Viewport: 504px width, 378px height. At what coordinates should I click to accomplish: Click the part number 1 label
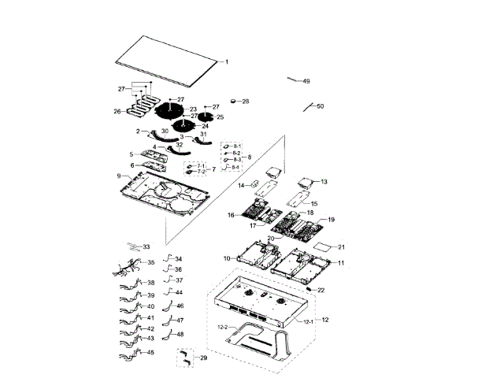click(227, 61)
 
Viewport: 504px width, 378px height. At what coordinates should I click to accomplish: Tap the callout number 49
click(306, 81)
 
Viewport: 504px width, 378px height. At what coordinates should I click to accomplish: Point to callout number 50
click(320, 106)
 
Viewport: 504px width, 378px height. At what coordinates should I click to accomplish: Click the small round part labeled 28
click(234, 101)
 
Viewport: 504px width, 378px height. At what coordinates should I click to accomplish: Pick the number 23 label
click(193, 109)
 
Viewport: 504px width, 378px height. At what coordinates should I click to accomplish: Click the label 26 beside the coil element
click(117, 112)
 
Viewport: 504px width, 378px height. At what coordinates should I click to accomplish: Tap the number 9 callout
click(119, 176)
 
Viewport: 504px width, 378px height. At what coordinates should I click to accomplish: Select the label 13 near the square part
click(324, 182)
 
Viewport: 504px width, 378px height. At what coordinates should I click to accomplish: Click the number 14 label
click(243, 186)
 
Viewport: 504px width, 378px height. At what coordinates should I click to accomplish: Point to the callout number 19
click(332, 220)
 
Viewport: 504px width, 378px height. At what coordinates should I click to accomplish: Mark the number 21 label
click(342, 247)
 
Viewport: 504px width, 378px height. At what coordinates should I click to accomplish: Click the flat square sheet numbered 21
click(323, 247)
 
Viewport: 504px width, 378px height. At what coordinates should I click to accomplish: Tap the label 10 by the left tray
click(226, 258)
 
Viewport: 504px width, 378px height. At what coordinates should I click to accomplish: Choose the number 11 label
click(341, 262)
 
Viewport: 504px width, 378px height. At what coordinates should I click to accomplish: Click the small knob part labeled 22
click(312, 290)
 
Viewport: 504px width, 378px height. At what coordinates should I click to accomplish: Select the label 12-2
click(222, 327)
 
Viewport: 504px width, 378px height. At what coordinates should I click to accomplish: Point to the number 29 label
click(203, 358)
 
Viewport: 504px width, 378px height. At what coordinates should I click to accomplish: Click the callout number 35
click(151, 262)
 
